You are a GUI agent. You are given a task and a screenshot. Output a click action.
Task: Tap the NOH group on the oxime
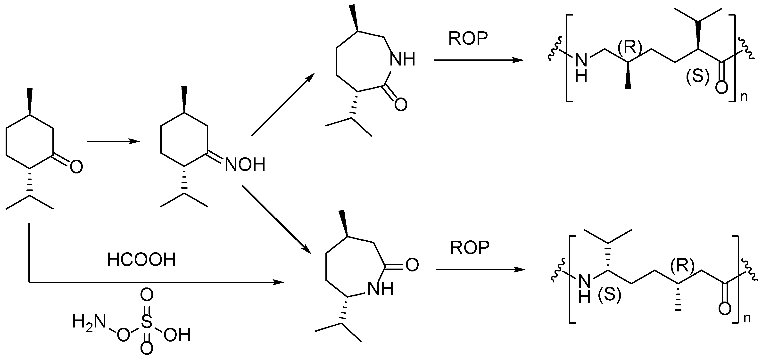245,165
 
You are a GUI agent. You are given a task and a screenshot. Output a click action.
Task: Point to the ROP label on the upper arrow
468,39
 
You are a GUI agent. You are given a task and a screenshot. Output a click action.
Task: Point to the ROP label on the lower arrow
470,248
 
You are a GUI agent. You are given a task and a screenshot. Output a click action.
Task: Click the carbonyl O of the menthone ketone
76,167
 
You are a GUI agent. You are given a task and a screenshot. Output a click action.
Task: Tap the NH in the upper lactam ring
403,59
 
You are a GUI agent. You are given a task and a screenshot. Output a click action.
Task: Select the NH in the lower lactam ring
381,289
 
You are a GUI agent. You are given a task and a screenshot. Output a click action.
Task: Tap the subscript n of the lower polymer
747,318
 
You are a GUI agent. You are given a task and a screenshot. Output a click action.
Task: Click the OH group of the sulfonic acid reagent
177,335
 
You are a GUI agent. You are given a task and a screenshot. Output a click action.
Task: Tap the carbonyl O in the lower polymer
725,309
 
